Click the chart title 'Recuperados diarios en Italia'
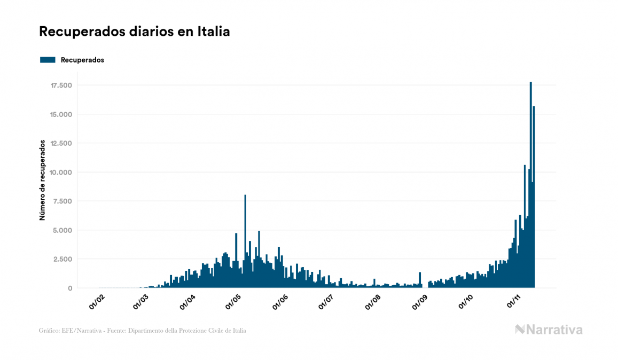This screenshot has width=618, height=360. (134, 32)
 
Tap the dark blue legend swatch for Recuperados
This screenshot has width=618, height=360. (48, 60)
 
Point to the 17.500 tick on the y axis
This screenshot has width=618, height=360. (62, 85)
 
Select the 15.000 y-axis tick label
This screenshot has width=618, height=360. (62, 114)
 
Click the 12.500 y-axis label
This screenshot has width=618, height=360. (62, 143)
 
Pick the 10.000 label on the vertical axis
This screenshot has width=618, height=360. (62, 173)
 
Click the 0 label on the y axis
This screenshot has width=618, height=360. (71, 288)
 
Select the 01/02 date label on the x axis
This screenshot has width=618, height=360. (97, 302)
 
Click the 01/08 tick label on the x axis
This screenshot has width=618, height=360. (373, 302)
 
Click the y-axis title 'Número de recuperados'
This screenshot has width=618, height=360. (42, 180)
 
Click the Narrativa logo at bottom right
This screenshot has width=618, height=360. (549, 330)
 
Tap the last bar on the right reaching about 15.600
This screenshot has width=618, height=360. (534, 198)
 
